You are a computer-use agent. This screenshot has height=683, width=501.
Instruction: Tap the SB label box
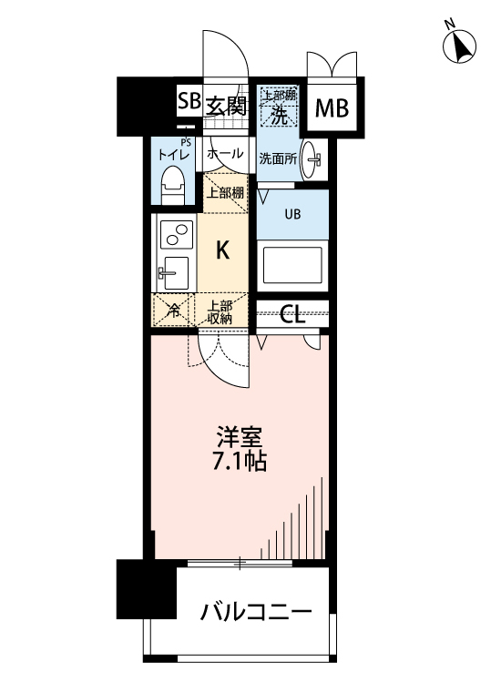(x=189, y=102)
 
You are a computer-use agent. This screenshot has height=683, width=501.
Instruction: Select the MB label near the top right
(x=332, y=109)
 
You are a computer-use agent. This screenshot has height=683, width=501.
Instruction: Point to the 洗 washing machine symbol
(x=279, y=114)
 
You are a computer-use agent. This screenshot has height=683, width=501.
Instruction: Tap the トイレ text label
(x=173, y=155)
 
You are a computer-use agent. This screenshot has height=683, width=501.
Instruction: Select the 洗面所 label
(x=276, y=157)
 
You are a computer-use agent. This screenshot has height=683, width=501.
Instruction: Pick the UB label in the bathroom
(x=292, y=215)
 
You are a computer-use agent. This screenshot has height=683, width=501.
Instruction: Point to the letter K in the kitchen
(x=222, y=249)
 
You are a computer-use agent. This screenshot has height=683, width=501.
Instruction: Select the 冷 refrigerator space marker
(x=174, y=311)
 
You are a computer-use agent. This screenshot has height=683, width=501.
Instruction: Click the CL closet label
(x=291, y=314)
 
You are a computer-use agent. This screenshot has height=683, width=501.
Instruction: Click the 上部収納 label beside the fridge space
(x=220, y=311)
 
